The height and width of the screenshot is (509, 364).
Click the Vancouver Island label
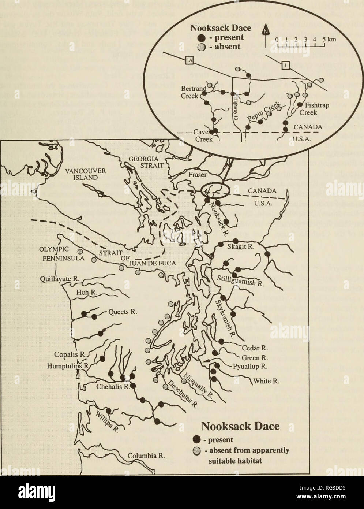90,174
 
